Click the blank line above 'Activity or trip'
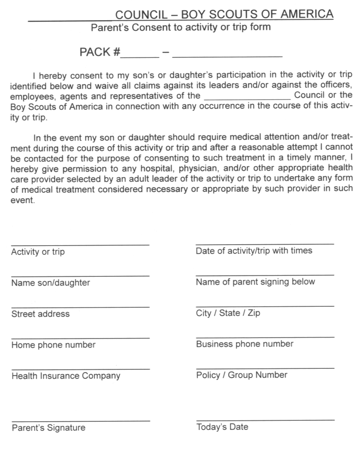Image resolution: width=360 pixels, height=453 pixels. (80, 245)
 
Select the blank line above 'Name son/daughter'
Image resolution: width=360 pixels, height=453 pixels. (80, 276)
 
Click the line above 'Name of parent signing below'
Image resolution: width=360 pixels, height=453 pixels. (265, 275)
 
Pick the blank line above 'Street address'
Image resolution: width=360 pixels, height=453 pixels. (80, 307)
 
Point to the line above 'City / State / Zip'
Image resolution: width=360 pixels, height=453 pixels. (265, 306)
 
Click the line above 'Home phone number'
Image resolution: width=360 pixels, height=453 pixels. (80, 338)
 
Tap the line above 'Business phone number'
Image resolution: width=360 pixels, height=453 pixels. (265, 337)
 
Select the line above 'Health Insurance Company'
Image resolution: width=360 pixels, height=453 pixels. (80, 369)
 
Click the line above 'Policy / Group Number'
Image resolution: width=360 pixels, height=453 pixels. (265, 368)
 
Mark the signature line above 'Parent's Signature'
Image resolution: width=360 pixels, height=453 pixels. (80, 421)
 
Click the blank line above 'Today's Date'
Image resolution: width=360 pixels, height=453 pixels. (265, 420)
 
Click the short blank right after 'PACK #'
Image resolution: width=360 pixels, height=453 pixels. (140, 56)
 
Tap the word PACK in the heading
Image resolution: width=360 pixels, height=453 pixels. (95, 52)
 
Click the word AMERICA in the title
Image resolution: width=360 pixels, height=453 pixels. (307, 14)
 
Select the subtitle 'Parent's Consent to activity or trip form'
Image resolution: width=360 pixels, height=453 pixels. (181, 27)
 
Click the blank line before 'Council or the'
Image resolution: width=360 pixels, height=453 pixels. (247, 98)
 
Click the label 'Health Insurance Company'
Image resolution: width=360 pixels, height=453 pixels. (66, 376)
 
